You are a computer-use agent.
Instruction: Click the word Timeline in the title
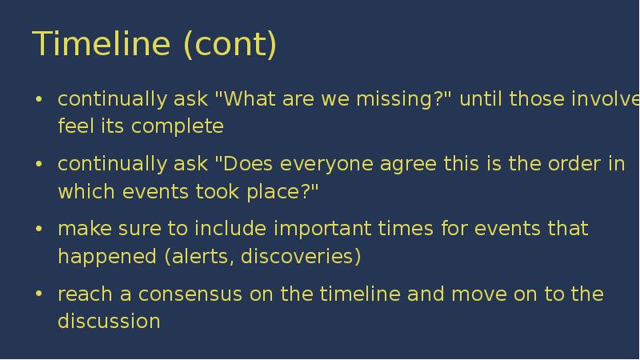[x=102, y=43]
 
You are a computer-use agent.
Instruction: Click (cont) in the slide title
[x=230, y=45]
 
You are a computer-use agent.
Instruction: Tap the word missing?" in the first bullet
[x=404, y=98]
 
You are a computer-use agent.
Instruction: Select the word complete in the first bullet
[x=178, y=126]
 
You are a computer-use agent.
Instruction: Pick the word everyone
[x=326, y=165]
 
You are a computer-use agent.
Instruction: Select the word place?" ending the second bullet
[x=282, y=192]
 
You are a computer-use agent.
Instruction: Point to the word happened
[x=107, y=257]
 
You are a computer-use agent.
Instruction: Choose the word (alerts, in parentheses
[x=199, y=257]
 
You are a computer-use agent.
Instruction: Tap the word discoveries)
[x=301, y=256]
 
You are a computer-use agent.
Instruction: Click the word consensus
[x=190, y=295]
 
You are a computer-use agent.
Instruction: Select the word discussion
[x=109, y=321]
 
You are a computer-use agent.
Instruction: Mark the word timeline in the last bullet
[x=360, y=294]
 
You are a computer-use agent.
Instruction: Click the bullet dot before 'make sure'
[x=39, y=229]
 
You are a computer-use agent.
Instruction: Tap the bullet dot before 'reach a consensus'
[x=39, y=294]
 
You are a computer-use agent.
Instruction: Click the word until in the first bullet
[x=481, y=98]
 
